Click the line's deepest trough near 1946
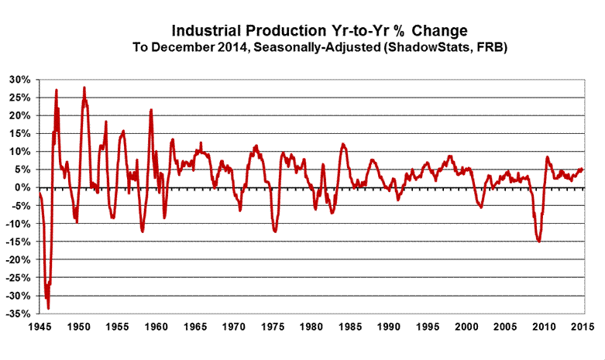pyautogui.click(x=48, y=308)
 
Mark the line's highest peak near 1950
pyautogui.click(x=84, y=87)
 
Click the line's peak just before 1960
pyautogui.click(x=151, y=110)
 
